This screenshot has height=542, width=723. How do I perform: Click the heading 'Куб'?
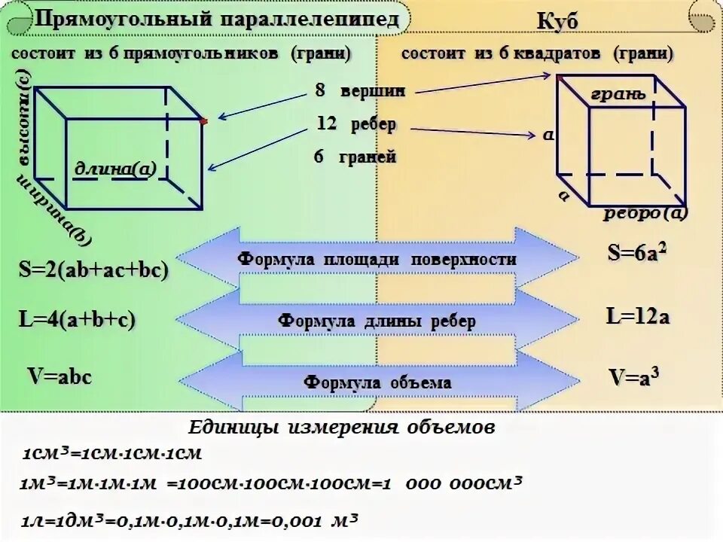(x=557, y=22)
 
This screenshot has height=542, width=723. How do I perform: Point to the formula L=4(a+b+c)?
(x=76, y=319)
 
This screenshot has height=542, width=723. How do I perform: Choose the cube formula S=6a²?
(x=637, y=254)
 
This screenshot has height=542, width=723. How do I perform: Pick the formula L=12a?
(x=637, y=316)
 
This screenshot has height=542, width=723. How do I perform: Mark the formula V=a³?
(x=637, y=376)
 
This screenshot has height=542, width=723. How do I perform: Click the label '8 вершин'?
(x=360, y=91)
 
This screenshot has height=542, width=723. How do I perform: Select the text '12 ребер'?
(x=356, y=124)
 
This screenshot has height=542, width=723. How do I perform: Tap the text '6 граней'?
(x=355, y=158)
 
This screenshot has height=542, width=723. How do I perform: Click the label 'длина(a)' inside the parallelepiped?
(x=114, y=169)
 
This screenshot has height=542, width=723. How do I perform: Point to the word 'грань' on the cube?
(x=618, y=94)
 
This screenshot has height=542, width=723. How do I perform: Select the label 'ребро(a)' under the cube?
(x=645, y=213)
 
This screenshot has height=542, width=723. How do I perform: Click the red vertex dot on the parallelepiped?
(x=204, y=120)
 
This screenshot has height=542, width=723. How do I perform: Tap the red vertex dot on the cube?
(x=558, y=76)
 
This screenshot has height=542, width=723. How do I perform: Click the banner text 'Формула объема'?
(x=377, y=382)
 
